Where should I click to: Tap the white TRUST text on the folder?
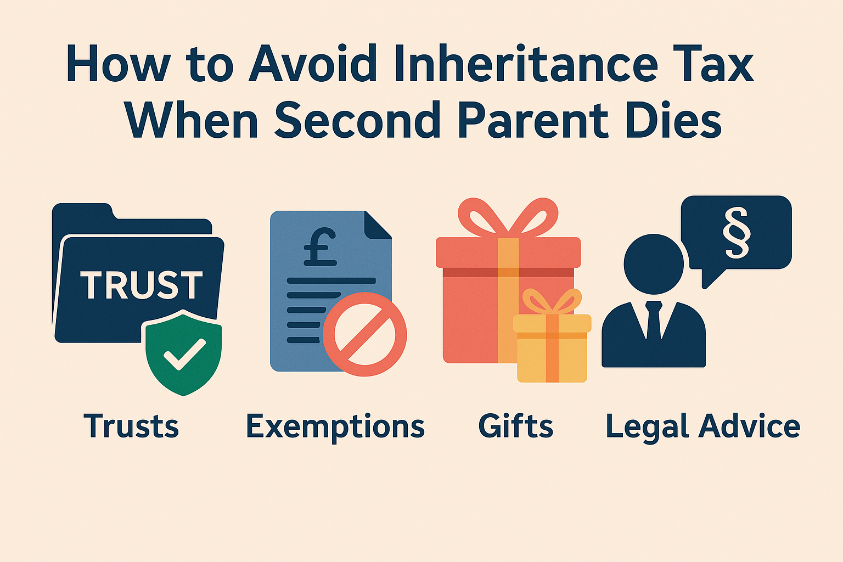142,285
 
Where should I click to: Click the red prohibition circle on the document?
364,334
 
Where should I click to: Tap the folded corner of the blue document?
378,224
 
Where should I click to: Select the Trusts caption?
131,426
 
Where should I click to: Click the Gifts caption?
515,426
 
